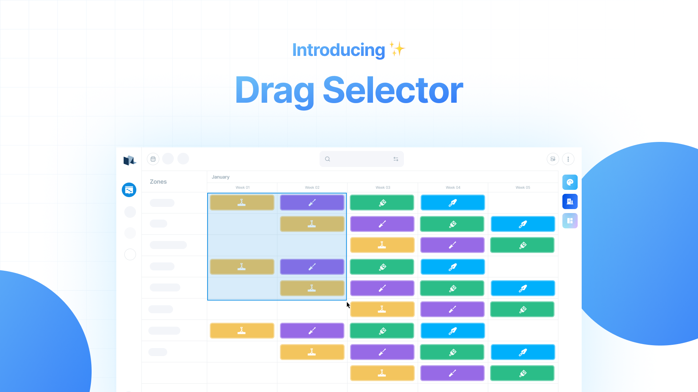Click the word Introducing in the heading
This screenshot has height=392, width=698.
[x=338, y=50]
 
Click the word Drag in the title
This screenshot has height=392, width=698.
[x=275, y=91]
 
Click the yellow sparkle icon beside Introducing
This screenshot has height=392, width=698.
[x=397, y=49]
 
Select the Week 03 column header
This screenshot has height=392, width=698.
[x=383, y=187]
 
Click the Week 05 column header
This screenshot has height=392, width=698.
[x=523, y=187]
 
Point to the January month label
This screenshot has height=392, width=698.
[x=221, y=177]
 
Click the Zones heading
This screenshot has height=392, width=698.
[x=158, y=181]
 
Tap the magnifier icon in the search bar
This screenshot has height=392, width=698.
[x=328, y=159]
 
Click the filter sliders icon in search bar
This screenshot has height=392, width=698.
[x=396, y=159]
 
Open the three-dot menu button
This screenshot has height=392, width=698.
[x=568, y=159]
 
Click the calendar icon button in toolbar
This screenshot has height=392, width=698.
[x=153, y=159]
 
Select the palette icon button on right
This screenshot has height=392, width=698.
[x=570, y=182]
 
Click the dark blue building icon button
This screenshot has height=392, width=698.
[x=570, y=201]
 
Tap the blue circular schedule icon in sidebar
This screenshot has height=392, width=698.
[x=129, y=190]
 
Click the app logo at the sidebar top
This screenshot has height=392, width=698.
[x=129, y=160]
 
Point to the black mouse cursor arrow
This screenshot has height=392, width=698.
[x=348, y=305]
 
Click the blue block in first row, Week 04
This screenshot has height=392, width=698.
[x=453, y=203]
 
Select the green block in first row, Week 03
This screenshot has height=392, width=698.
[x=382, y=203]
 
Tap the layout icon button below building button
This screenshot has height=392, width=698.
[x=570, y=221]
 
